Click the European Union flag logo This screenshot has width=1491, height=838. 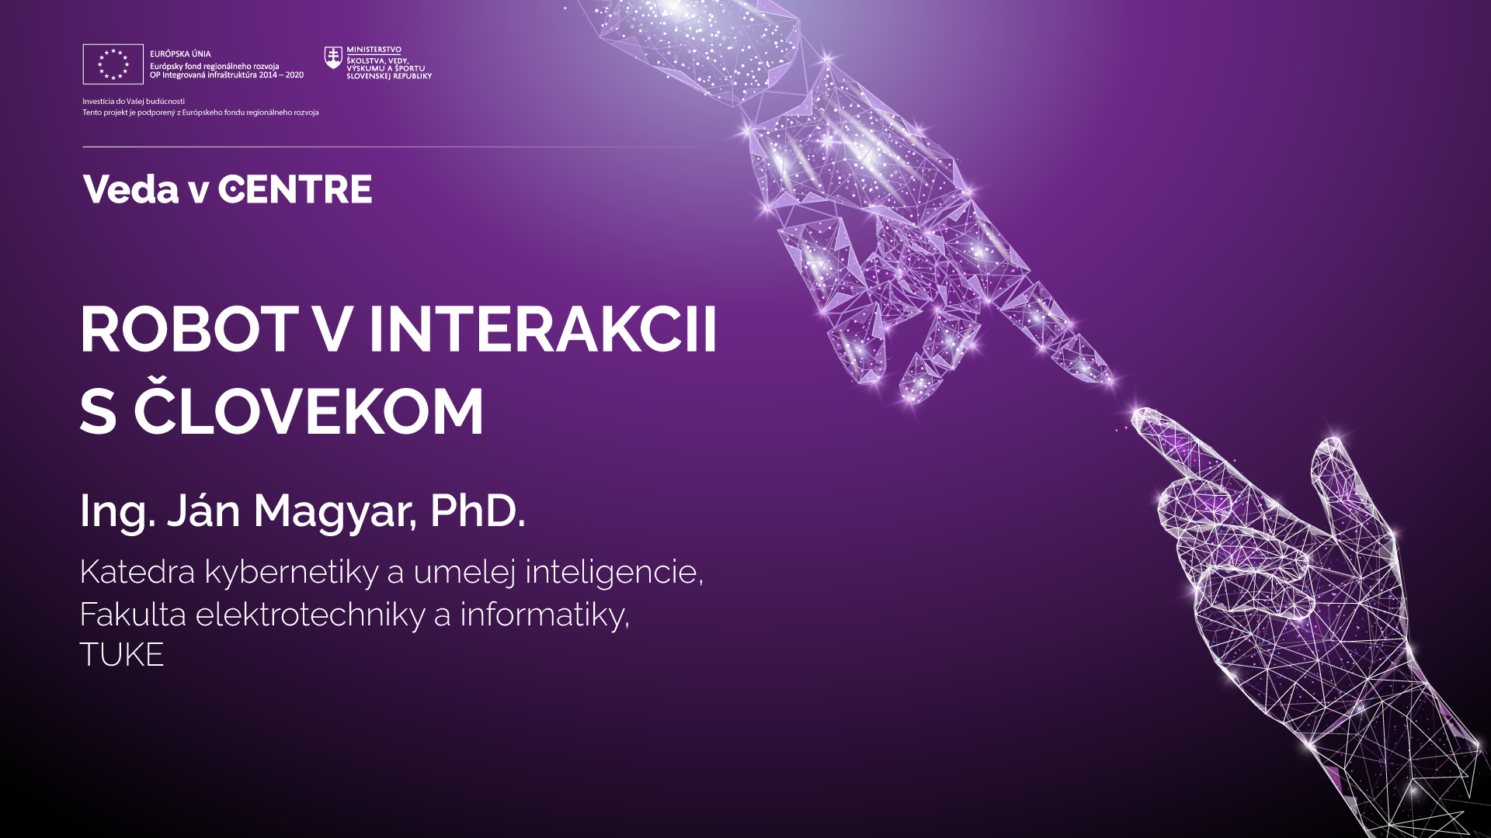coord(113,64)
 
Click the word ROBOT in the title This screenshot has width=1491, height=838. coord(189,330)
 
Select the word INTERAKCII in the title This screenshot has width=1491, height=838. coord(542,330)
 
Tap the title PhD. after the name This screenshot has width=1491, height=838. coord(478,511)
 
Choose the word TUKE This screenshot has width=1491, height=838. coord(122,655)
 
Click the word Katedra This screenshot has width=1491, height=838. coord(137,572)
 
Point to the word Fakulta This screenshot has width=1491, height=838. coord(133,615)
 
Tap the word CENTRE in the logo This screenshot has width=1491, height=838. coord(295,189)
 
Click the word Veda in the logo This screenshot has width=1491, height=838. coord(130,189)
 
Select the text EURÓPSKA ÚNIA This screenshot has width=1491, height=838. coord(180,54)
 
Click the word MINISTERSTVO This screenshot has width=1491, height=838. coord(374,50)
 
